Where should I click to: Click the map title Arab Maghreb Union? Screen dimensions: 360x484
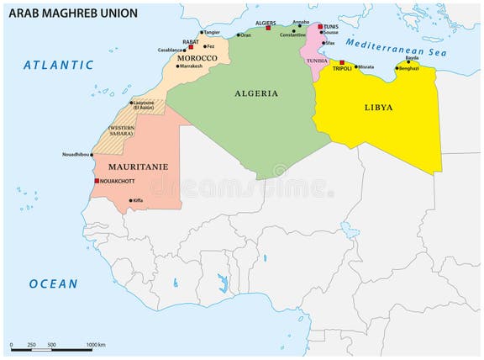[73, 13]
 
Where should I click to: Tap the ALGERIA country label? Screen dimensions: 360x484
[257, 93]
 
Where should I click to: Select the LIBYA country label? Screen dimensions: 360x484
[378, 108]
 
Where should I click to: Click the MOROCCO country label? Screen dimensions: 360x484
[197, 58]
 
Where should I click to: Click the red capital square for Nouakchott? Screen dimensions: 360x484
[97, 181]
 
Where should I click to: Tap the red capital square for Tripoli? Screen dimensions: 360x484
[342, 61]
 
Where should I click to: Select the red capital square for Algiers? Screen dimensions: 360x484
[268, 28]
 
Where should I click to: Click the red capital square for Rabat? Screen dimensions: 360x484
[191, 47]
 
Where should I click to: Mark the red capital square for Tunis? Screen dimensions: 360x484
[320, 27]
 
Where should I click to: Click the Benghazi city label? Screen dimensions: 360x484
[409, 68]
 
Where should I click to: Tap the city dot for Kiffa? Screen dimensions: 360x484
[130, 200]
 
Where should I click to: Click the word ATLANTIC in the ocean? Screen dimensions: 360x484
[59, 65]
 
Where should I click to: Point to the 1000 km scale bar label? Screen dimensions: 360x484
[94, 346]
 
